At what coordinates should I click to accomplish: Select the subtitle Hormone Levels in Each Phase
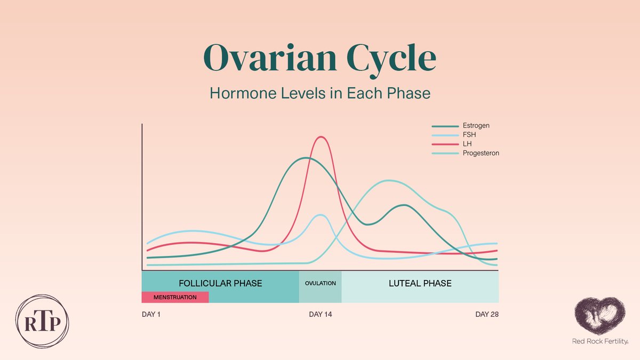click(x=320, y=93)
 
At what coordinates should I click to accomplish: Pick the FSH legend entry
click(x=469, y=135)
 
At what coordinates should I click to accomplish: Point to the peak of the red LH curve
click(x=321, y=137)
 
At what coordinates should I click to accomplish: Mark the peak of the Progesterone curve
click(x=390, y=180)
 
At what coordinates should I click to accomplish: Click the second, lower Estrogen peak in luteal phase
click(x=405, y=205)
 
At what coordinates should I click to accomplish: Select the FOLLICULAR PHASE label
click(x=220, y=283)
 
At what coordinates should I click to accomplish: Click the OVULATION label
click(x=320, y=283)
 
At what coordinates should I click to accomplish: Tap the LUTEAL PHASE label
click(x=420, y=283)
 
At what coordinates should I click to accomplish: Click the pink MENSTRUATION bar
click(x=175, y=297)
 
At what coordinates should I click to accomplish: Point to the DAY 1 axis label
click(x=151, y=315)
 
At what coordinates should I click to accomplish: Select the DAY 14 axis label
click(x=320, y=315)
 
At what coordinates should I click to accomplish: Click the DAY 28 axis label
click(x=486, y=315)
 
